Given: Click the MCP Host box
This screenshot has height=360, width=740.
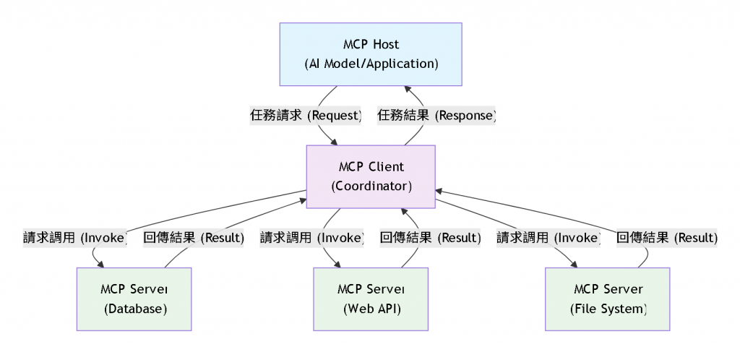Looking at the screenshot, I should (x=371, y=54).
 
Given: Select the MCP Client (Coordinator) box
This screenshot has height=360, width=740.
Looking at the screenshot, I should (x=371, y=176).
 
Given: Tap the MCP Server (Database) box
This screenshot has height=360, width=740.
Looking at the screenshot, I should (x=134, y=299).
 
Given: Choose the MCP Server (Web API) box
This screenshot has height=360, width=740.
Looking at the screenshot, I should (x=371, y=299).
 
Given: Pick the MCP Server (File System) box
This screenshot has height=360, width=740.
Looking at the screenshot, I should (x=608, y=299).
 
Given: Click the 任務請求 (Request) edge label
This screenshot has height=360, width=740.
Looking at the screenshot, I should (x=306, y=116).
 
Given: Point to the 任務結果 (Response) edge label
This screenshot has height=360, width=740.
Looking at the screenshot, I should (x=437, y=116).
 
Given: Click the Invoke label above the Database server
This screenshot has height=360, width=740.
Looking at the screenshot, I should (x=75, y=237).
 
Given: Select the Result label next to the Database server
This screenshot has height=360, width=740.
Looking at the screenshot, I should (x=194, y=237).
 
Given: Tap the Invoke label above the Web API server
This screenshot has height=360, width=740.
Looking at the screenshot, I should (x=311, y=237).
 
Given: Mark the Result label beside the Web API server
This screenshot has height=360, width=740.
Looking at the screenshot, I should (x=430, y=237).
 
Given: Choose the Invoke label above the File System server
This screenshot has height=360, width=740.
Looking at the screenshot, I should (x=548, y=237).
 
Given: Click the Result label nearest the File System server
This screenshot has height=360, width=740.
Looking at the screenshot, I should (x=666, y=237).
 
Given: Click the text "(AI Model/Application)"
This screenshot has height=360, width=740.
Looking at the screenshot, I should (x=371, y=64).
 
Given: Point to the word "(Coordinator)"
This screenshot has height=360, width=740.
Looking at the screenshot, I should (x=371, y=186).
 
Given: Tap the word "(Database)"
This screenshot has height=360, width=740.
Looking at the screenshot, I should (x=135, y=309).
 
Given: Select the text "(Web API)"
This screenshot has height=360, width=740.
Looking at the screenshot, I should (x=371, y=309).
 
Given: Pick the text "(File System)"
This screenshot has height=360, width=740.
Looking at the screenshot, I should (x=608, y=309).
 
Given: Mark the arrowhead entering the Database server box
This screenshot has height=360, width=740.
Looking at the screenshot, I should (x=101, y=264).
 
